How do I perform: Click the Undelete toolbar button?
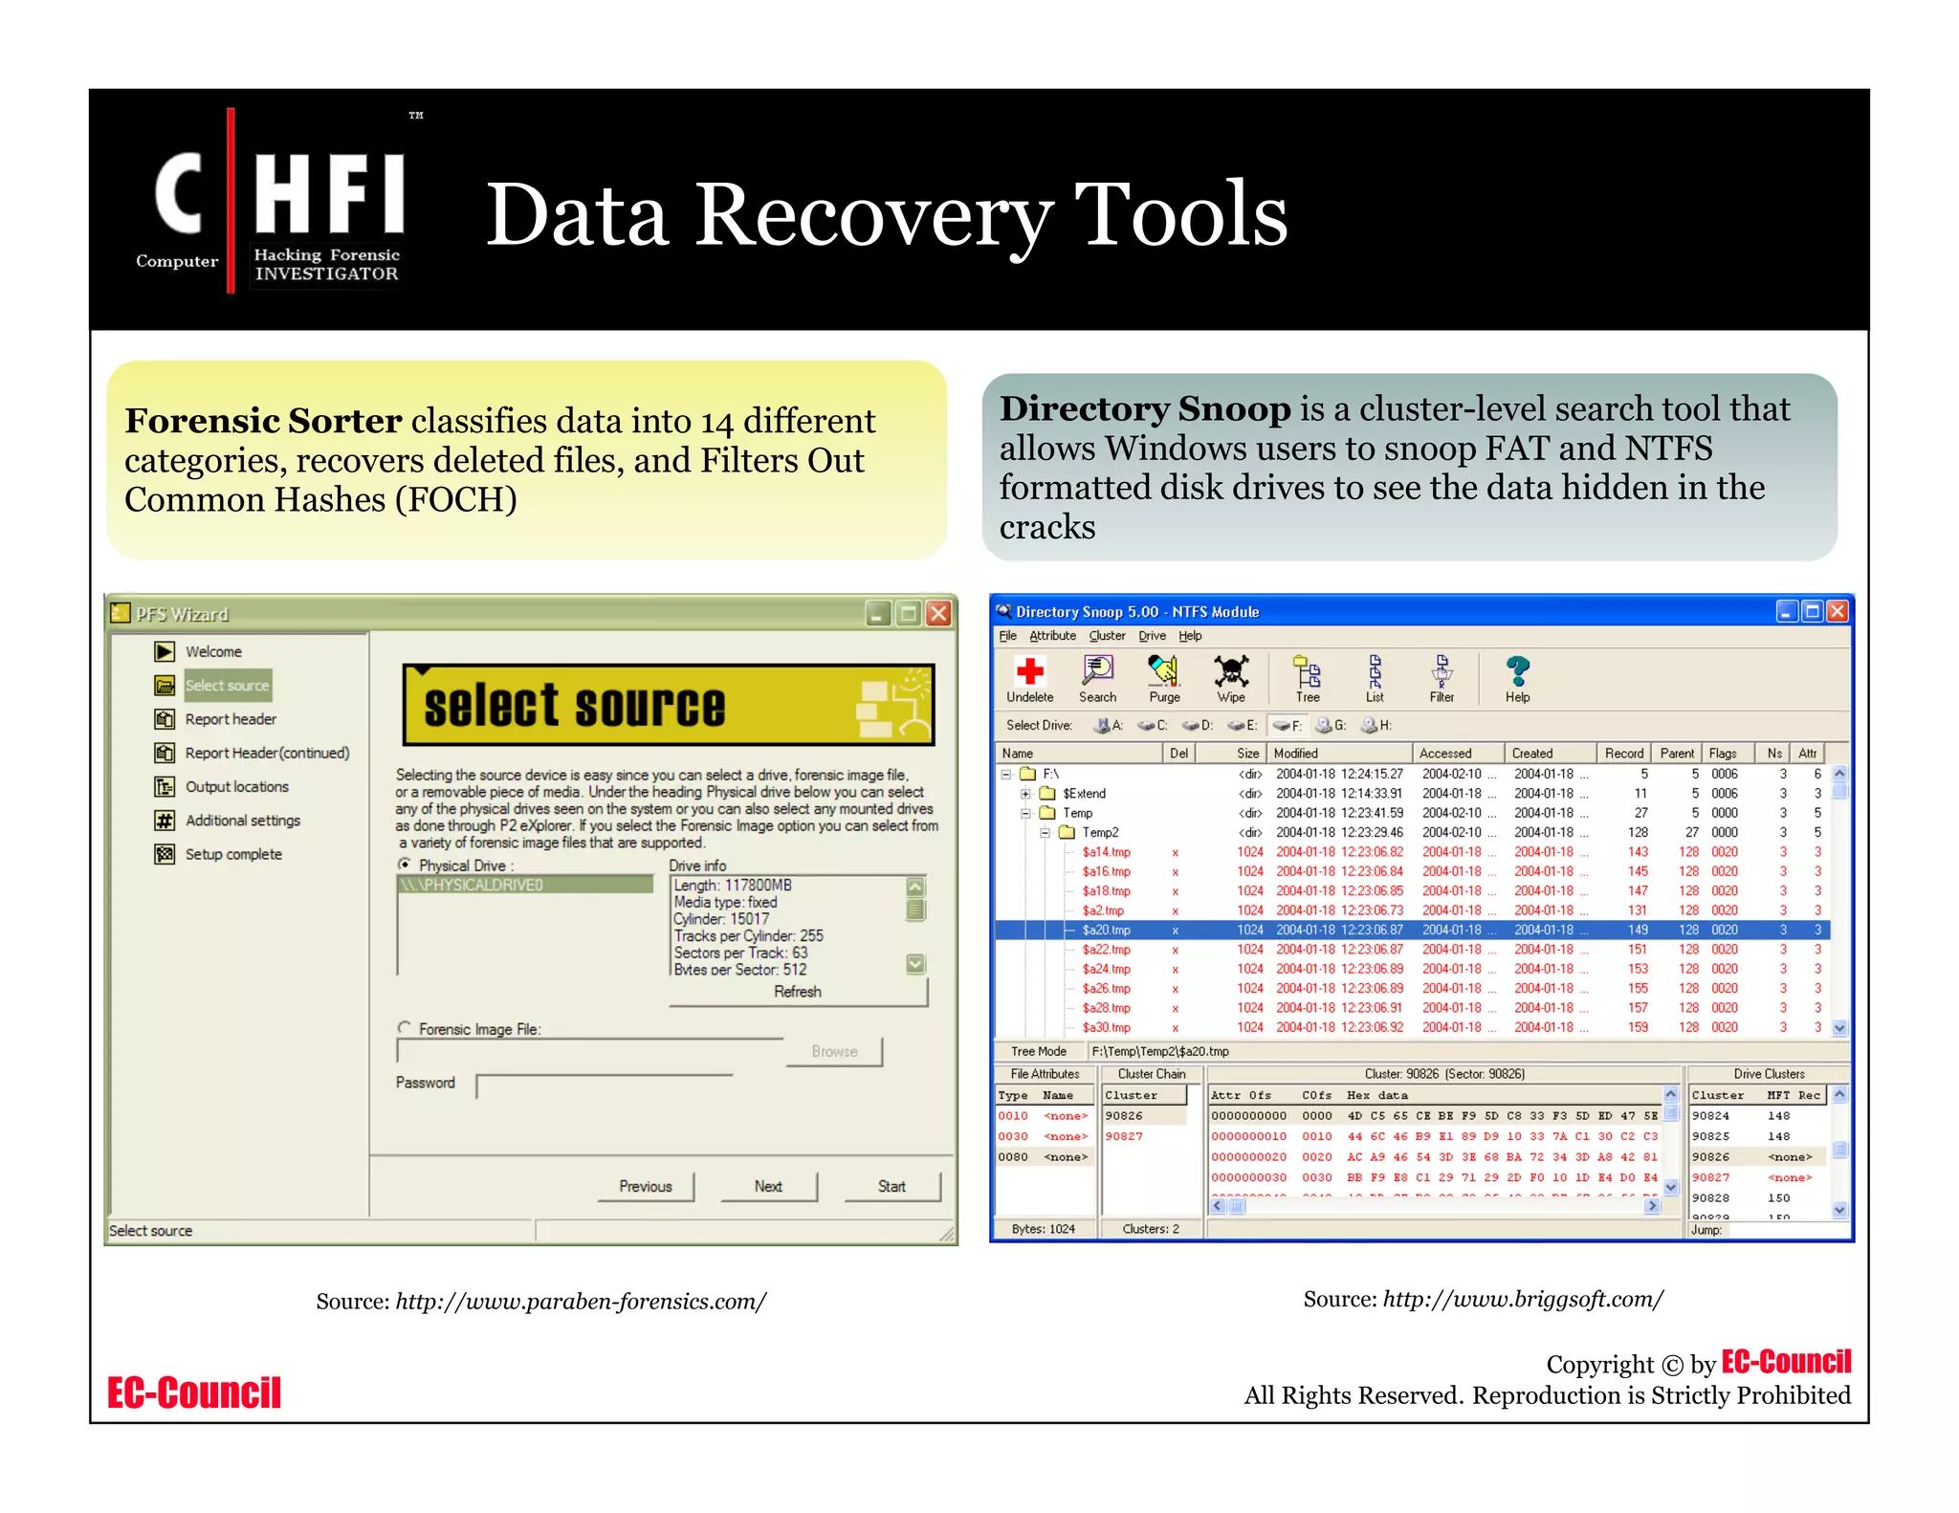pos(1029,679)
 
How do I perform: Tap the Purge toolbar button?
pos(1164,679)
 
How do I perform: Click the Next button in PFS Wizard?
pos(768,1186)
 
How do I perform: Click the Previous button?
pos(646,1186)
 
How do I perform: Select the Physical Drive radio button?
pos(405,865)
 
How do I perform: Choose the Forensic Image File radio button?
pos(405,1028)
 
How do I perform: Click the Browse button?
pos(834,1051)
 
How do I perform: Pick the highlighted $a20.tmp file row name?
pos(1106,930)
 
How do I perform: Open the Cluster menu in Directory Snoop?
pos(1107,636)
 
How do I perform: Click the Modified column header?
pos(1296,754)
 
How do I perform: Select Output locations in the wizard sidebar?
pos(236,786)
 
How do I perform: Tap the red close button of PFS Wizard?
pos(939,613)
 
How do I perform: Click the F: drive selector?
pos(1288,726)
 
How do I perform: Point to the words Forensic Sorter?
pos(263,421)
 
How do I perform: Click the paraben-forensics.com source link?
pos(581,1302)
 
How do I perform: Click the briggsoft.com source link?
pos(1523,1299)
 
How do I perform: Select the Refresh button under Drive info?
pos(798,992)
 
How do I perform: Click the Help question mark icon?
pos(1517,672)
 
